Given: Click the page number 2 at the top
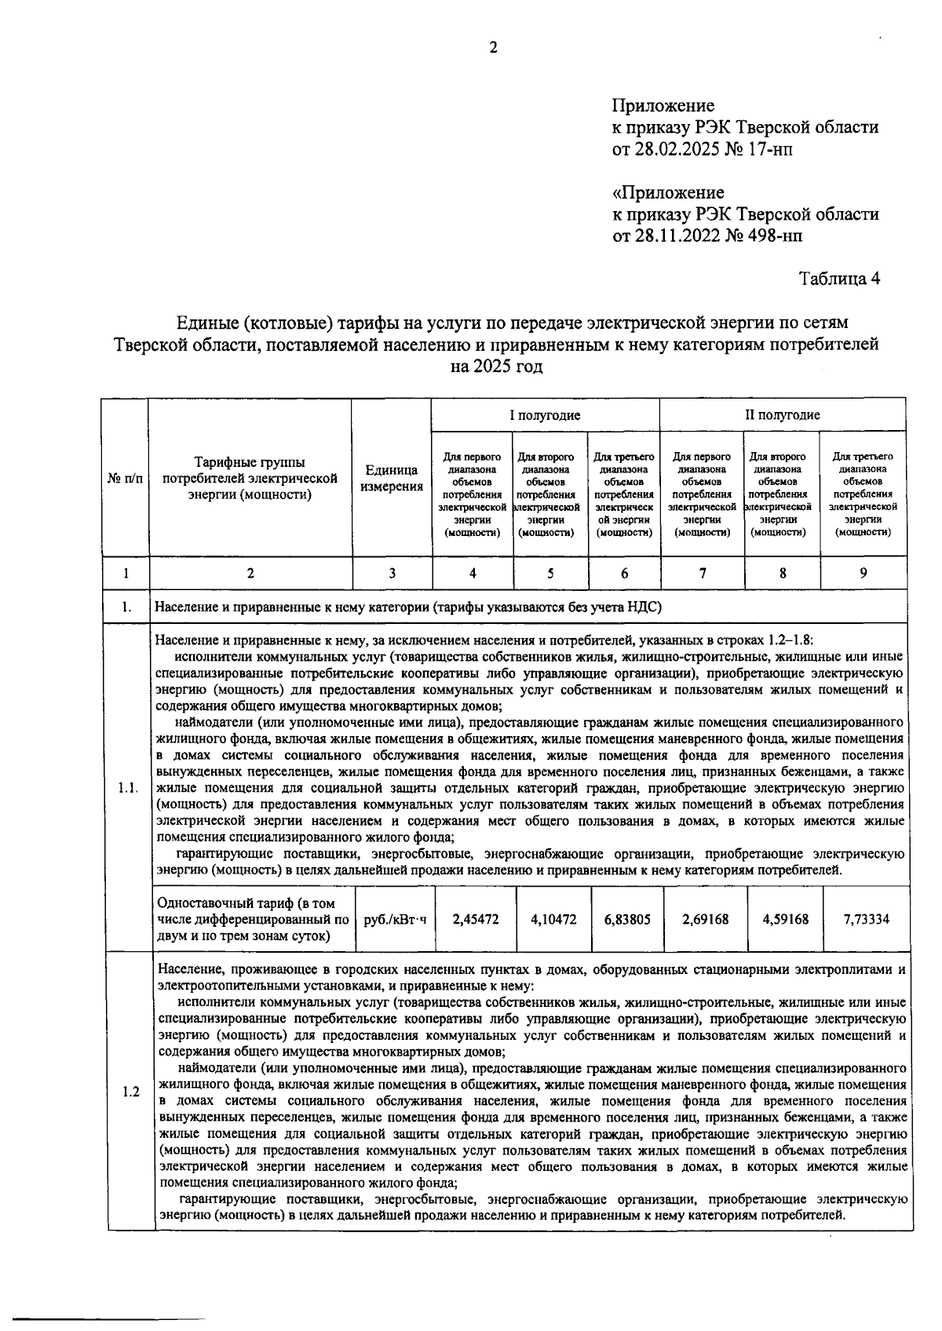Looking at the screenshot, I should (x=493, y=48).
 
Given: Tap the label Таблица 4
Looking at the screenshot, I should (x=839, y=279).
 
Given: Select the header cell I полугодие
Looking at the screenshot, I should (x=545, y=415).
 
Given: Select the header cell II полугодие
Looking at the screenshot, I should (x=782, y=415).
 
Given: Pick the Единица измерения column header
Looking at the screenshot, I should (x=392, y=478).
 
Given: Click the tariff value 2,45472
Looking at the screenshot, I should (x=475, y=919).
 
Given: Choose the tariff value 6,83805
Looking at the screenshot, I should (x=627, y=919).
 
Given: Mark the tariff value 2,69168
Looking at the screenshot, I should (x=704, y=919).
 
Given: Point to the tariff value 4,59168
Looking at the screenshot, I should (x=784, y=919).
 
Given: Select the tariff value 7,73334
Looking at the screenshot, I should (x=866, y=919).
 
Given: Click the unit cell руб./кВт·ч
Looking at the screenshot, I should (x=395, y=919).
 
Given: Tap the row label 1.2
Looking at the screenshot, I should (x=131, y=1092).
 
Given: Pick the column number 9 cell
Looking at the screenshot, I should (x=863, y=574).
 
